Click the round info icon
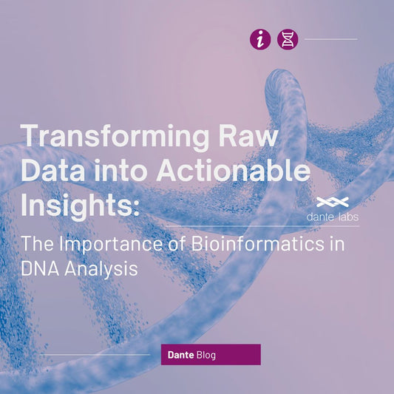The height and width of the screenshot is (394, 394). (x=260, y=39)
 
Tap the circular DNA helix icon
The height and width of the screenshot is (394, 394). (x=288, y=39)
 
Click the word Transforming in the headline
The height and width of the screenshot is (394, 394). (x=112, y=137)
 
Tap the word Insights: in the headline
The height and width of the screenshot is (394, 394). (x=80, y=203)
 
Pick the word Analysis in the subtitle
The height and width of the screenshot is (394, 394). (x=103, y=268)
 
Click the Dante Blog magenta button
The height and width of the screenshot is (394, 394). (x=211, y=355)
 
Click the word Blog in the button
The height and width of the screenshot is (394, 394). (x=206, y=355)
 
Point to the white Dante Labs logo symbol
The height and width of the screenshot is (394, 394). (x=333, y=202)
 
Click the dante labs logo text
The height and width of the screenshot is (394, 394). (x=333, y=217)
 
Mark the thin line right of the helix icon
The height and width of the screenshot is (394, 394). (x=330, y=39)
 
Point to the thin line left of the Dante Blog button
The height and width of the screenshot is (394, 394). (x=96, y=355)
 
